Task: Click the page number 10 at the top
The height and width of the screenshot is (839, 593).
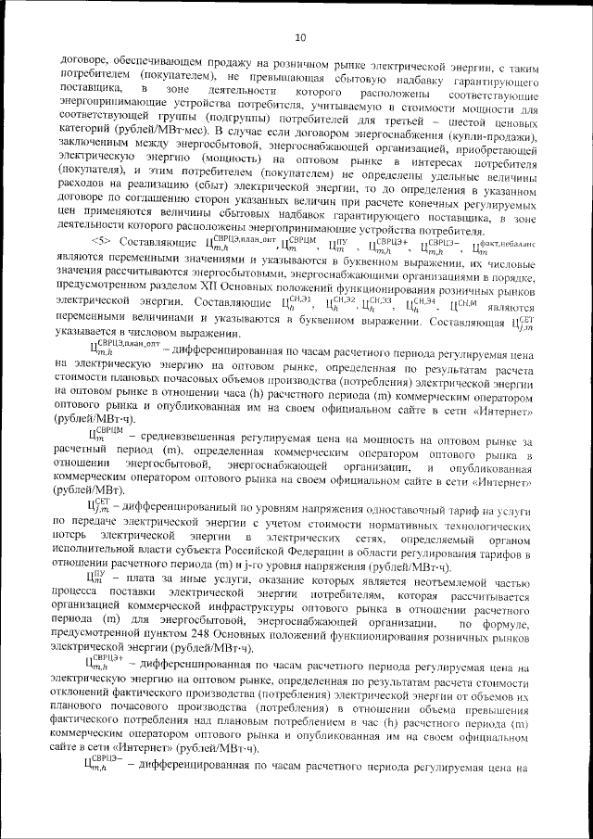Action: point(299,38)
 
